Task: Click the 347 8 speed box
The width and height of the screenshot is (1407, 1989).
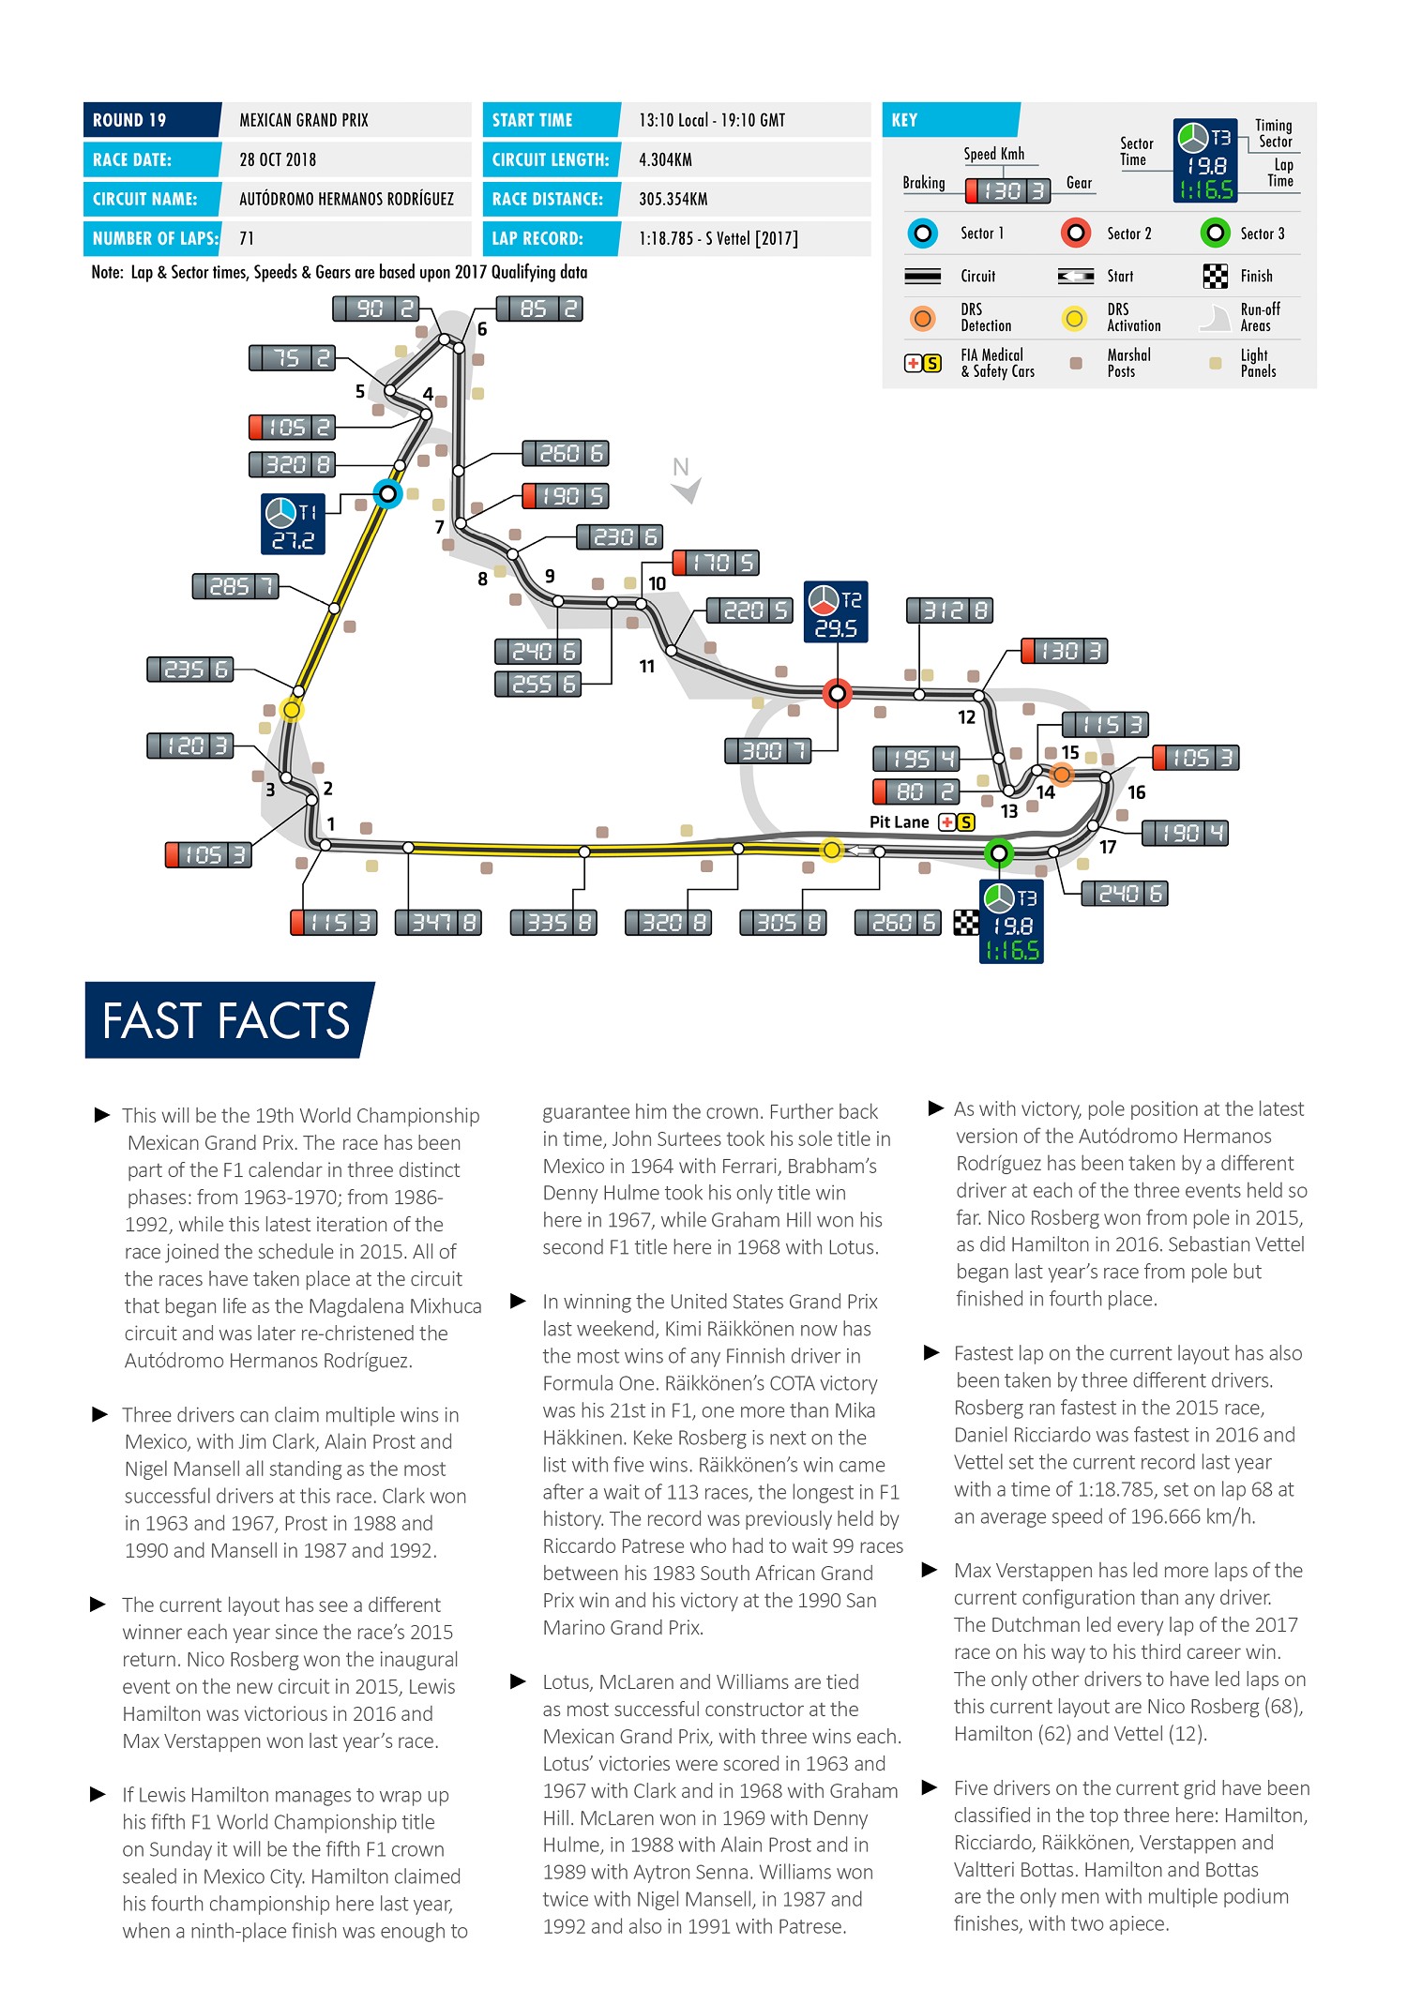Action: pos(438,923)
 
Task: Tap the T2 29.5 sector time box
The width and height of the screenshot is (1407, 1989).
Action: pos(836,612)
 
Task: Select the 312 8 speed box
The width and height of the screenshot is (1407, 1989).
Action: pos(949,610)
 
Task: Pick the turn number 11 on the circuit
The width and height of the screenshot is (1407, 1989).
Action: pos(646,667)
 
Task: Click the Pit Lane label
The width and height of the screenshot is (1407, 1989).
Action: pos(899,822)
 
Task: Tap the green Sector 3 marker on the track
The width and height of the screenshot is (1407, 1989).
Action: pos(999,853)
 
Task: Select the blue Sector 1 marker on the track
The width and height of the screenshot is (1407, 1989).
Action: pos(387,493)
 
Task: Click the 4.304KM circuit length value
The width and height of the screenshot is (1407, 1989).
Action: pos(665,160)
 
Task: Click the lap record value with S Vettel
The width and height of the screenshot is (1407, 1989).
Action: pos(718,239)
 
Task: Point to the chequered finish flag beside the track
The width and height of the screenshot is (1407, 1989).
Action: pos(965,923)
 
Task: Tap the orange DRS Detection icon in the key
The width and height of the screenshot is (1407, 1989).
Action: pos(922,319)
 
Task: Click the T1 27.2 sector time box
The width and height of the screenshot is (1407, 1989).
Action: pos(293,524)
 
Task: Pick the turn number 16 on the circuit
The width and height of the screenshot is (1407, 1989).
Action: pos(1136,792)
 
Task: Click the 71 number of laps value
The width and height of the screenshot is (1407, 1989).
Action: pos(247,239)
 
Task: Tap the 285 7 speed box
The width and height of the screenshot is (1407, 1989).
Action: pos(235,587)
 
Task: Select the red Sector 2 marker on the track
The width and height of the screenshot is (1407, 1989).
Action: pos(837,694)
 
